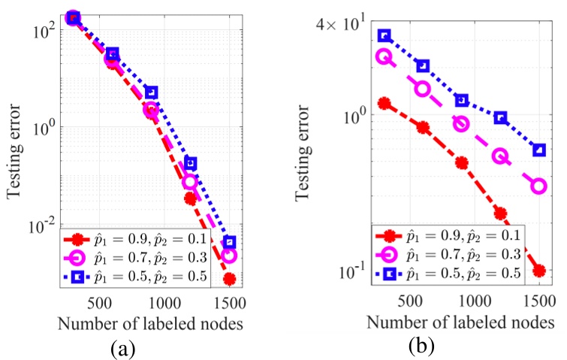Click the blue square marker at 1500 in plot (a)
[x=229, y=242]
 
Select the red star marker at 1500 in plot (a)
[x=230, y=279]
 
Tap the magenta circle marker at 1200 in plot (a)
[x=190, y=182]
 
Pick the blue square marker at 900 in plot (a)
[x=151, y=92]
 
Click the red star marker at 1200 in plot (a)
[x=190, y=198]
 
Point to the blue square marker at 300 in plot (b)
[x=385, y=35]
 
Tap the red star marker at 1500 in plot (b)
[x=538, y=271]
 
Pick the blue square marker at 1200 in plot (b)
[x=500, y=118]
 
